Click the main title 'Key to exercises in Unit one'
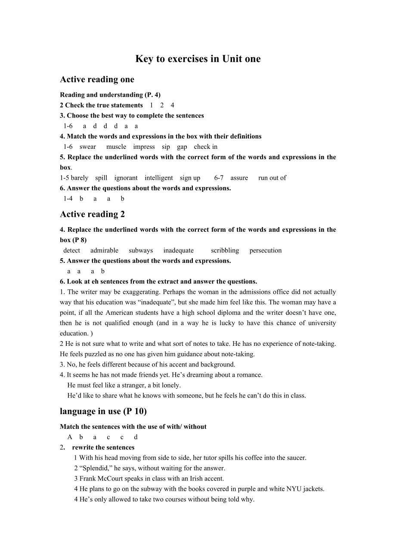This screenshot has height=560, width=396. pos(198,59)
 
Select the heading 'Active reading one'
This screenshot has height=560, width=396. pos(97,80)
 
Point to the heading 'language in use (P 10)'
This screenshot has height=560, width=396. pos(103,411)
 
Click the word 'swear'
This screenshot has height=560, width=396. pos(88,147)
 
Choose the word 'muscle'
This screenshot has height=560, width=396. pos(116,147)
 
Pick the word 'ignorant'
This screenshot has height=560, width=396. pos(126,178)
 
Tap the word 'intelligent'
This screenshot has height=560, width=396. pos(159,178)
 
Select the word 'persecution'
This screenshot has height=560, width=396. pos(266,250)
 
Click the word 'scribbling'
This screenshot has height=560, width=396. pos(225,250)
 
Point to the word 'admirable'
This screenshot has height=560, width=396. pos(104,250)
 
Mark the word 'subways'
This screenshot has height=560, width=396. pos(141,250)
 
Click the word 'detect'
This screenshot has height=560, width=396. pos(71,250)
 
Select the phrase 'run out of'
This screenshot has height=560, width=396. pos(272,178)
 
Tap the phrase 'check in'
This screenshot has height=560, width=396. pos(206,147)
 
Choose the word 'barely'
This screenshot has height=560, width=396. pos(80,178)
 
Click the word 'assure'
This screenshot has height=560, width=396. pos(239,178)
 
